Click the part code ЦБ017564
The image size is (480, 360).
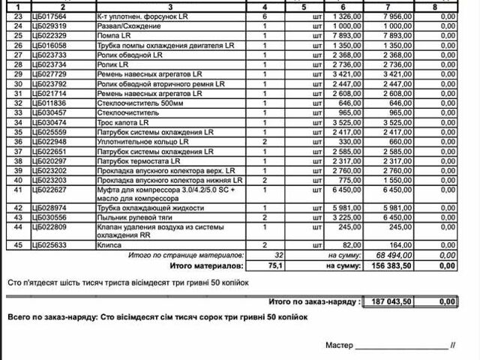click(51, 16)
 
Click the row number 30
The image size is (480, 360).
click(18, 84)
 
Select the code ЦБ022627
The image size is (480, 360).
click(51, 190)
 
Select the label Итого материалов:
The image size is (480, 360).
click(207, 265)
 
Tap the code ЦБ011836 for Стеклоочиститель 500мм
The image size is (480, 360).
click(51, 103)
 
